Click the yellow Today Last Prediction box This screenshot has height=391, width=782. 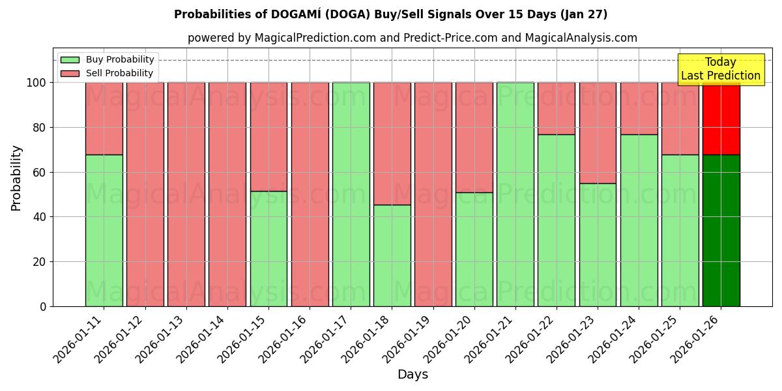tap(720, 69)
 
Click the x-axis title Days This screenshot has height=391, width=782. tap(413, 375)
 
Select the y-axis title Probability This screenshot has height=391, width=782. tap(16, 178)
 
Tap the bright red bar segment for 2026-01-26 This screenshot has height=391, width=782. tap(721, 119)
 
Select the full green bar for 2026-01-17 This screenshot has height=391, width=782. tap(351, 194)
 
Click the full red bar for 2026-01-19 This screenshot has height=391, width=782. tap(433, 194)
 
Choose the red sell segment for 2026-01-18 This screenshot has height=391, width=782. tap(392, 143)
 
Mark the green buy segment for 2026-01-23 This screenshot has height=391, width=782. tap(598, 244)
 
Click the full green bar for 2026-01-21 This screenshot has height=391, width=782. tap(515, 194)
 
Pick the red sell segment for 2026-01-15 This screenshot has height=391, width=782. tap(268, 137)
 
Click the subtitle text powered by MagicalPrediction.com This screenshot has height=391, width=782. tap(412, 38)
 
